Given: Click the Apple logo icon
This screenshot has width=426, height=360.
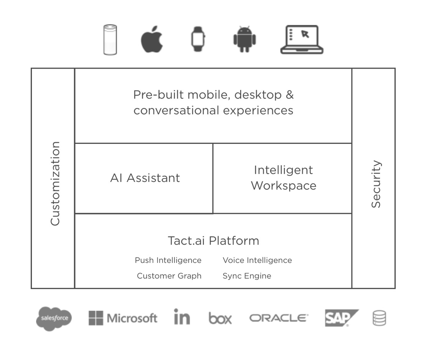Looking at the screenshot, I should tap(152, 40).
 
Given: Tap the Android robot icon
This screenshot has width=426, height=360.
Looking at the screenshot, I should tap(244, 40).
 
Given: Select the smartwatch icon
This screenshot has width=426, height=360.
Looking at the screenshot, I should tap(198, 40).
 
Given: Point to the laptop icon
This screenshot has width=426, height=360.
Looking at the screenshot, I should tap(302, 40).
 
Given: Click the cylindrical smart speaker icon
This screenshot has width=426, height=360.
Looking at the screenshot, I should tap(110, 40).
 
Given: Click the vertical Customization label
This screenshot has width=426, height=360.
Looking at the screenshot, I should tap(56, 183).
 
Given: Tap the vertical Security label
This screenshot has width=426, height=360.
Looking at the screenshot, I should tap(376, 184).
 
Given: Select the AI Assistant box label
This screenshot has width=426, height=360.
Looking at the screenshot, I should tap(145, 178).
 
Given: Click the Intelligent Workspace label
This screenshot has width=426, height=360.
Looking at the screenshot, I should tap(284, 178).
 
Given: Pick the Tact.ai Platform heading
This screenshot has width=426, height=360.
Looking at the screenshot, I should tap(213, 241).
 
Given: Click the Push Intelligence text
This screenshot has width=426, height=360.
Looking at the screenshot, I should tap(168, 260).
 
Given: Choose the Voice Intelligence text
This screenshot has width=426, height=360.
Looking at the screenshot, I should tap(257, 260).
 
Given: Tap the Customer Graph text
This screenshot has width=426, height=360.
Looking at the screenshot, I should tap(169, 276).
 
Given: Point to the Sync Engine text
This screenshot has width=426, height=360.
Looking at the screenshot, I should tap(247, 276).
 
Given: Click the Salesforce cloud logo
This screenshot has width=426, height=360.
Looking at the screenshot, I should tap(54, 319).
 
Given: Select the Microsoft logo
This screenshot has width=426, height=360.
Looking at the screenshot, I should tap(123, 318).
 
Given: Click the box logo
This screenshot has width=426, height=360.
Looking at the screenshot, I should tap(220, 318).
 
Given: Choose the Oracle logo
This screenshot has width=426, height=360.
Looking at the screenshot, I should tap(279, 318).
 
